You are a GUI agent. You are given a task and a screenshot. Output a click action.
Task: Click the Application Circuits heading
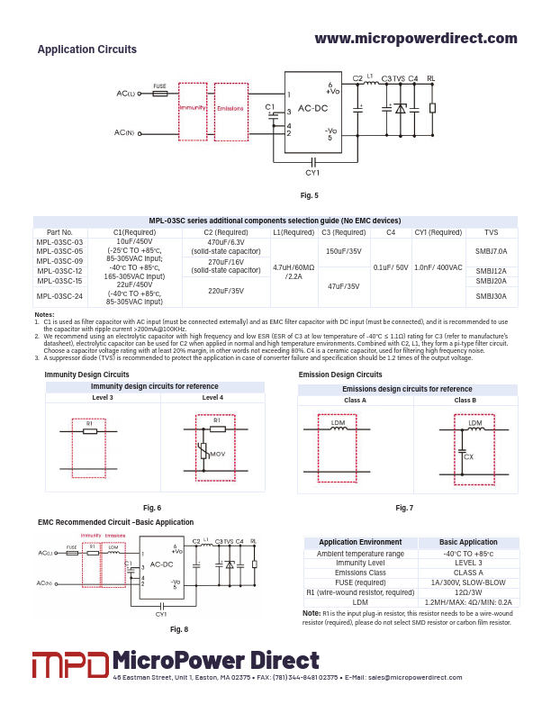coord(87,50)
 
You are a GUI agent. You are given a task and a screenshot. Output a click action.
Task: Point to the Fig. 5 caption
coord(309,195)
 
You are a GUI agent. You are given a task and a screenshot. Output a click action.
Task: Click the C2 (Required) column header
coord(225,232)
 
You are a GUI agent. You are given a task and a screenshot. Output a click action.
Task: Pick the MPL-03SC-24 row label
coord(59,296)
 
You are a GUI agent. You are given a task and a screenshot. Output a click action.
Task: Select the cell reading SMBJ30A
coord(491,296)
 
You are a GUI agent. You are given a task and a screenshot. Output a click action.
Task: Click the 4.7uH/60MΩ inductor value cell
coord(293,267)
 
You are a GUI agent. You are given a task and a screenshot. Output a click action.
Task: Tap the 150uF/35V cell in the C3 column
coord(343,251)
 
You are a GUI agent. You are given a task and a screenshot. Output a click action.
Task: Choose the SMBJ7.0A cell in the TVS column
coord(491,251)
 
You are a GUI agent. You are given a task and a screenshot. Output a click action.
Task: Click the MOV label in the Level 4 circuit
coord(217,455)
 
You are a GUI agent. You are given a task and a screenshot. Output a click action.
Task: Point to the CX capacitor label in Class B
coord(468,456)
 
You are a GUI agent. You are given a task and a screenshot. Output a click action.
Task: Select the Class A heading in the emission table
coord(356,400)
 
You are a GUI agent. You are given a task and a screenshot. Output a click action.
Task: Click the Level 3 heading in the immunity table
coord(103,398)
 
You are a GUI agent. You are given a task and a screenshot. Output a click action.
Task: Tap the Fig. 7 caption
coord(404,509)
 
